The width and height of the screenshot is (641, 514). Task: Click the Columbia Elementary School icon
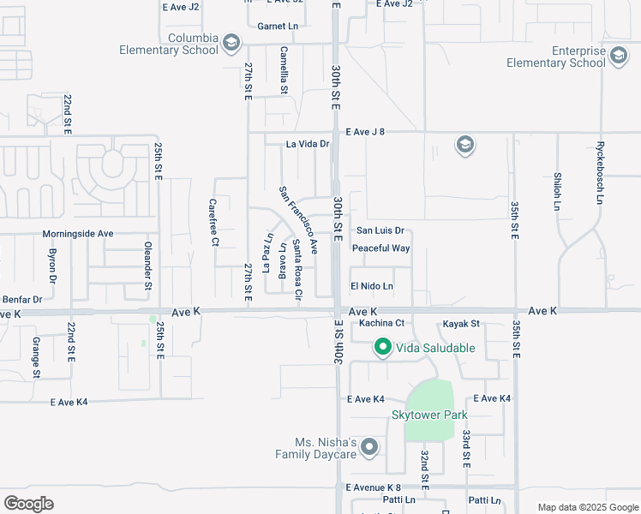coord(231,43)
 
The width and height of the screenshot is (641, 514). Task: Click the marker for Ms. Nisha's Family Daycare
coord(369,447)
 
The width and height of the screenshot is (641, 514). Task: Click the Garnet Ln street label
coord(278,27)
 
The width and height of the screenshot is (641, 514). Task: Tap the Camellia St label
coord(284,70)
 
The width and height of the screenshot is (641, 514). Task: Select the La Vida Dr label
coord(308,144)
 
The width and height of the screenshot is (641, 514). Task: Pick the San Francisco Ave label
coord(299,219)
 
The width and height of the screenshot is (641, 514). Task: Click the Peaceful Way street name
coord(380,248)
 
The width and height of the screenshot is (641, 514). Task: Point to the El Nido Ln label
coord(372,286)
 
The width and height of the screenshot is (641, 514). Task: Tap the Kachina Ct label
coord(381,323)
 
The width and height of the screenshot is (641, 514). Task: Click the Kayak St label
coord(461,324)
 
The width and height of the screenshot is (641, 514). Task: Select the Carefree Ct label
coord(213,223)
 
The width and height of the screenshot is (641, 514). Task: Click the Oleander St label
coord(147,265)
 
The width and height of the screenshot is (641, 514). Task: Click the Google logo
coord(28,504)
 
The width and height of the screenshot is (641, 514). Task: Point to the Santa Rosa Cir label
coord(297,270)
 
